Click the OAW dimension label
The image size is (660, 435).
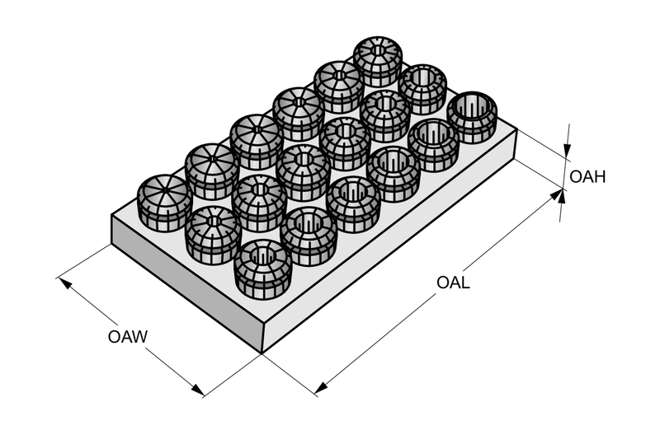click(128, 337)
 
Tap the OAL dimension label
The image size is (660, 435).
click(453, 282)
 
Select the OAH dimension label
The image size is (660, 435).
click(587, 177)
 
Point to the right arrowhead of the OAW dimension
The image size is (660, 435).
click(197, 389)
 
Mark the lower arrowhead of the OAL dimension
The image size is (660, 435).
click(322, 387)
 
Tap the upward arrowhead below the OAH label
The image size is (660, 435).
click(562, 197)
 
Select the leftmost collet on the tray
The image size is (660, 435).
click(163, 203)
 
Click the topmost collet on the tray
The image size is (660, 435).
click(378, 61)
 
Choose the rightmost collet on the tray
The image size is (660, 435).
click(472, 117)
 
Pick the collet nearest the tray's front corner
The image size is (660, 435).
click(263, 269)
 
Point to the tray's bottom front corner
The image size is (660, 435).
click(262, 353)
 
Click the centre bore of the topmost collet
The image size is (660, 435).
click(378, 51)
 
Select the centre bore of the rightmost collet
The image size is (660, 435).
click(472, 107)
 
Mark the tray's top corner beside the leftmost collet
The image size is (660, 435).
click(111, 215)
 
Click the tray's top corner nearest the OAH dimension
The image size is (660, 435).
click(517, 129)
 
